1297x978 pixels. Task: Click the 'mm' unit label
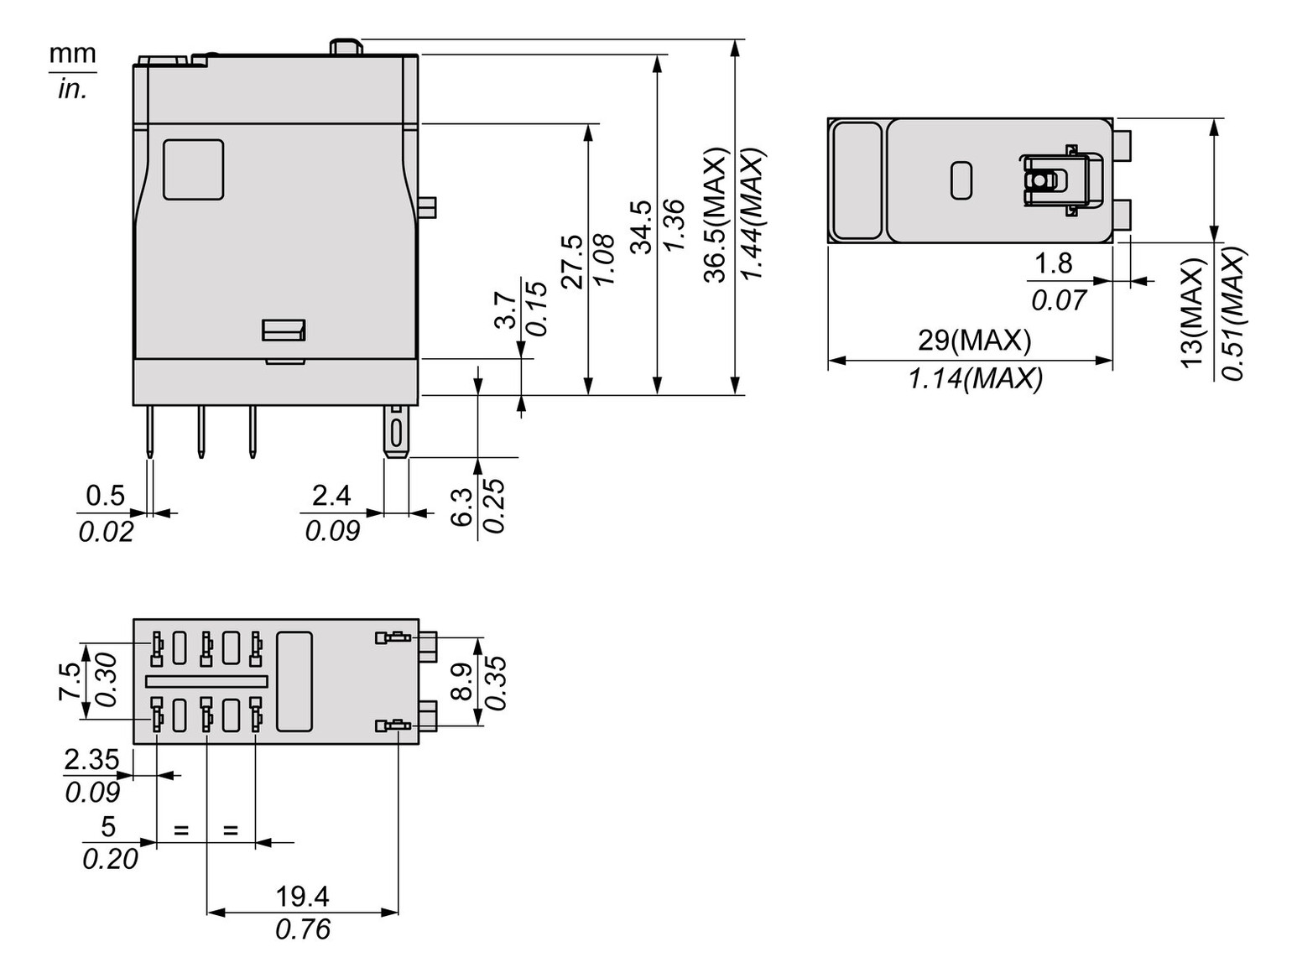pyautogui.click(x=72, y=55)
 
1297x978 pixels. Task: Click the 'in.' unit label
pyautogui.click(x=72, y=89)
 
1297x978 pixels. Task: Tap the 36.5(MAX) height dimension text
pyautogui.click(x=715, y=216)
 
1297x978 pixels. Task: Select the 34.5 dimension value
pyautogui.click(x=641, y=226)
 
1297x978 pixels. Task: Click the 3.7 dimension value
pyautogui.click(x=504, y=310)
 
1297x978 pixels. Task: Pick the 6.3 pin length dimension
pyautogui.click(x=462, y=507)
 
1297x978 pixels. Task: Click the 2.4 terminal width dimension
pyautogui.click(x=331, y=496)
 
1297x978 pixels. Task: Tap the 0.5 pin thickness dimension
pyautogui.click(x=106, y=496)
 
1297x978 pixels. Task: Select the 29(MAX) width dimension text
pyautogui.click(x=974, y=340)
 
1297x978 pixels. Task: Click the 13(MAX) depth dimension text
pyautogui.click(x=1192, y=311)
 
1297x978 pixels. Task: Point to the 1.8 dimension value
pyautogui.click(x=1053, y=263)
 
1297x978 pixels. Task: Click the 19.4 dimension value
pyautogui.click(x=302, y=897)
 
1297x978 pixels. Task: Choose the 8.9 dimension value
pyautogui.click(x=462, y=681)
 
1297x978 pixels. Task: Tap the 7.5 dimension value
pyautogui.click(x=70, y=681)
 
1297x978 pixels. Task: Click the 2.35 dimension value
pyautogui.click(x=92, y=759)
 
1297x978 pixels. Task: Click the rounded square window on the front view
pyautogui.click(x=193, y=169)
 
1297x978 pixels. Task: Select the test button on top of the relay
pyautogui.click(x=346, y=46)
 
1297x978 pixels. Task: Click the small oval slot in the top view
pyautogui.click(x=961, y=180)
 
